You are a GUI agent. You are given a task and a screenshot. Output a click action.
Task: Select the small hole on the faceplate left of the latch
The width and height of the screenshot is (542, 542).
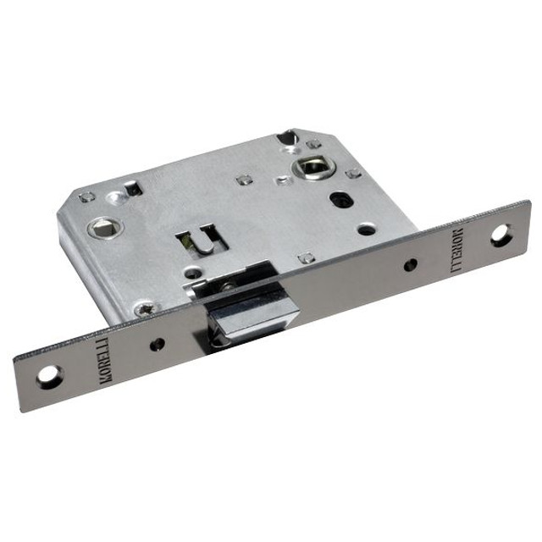coord(158,343)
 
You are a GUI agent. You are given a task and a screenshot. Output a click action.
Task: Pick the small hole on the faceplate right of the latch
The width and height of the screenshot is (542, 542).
coord(411,265)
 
